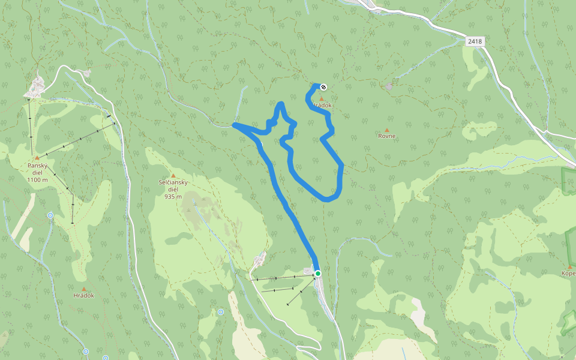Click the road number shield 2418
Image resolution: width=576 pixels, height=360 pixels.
pos(475,41)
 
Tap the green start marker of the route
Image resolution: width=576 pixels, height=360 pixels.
pos(318,274)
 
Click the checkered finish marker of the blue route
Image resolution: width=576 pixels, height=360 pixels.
pos(323,87)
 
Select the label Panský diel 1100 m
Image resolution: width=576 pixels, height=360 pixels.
pos(37,172)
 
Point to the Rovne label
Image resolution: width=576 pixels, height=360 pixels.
pos(386,136)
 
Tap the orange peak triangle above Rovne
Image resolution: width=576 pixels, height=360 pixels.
pos(386,130)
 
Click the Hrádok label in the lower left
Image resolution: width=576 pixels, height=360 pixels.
pos(83,295)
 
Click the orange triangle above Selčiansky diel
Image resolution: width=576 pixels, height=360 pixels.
pos(173,175)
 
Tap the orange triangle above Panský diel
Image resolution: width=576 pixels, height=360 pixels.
pos(37,158)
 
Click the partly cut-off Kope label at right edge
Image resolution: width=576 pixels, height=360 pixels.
pos(568,274)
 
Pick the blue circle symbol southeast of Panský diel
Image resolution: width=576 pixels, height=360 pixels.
pos(50,215)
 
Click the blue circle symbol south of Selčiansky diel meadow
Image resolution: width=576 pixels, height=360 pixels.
pos(221,312)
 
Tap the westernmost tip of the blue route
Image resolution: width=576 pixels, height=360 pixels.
pos(234,125)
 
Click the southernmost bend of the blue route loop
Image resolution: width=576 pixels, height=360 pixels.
pos(328,199)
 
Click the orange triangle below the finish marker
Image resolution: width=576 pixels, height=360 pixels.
pos(322,98)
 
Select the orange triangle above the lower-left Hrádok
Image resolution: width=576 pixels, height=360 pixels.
pos(83,289)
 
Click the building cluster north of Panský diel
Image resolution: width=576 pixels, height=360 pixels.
pos(36,87)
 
